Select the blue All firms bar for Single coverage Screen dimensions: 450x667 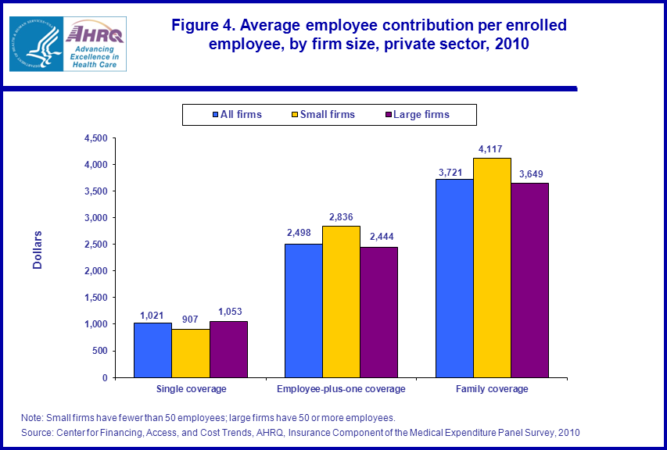(152, 350)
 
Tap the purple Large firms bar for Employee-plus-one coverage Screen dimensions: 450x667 (378, 312)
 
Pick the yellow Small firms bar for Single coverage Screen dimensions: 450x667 (191, 353)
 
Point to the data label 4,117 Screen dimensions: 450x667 (492, 148)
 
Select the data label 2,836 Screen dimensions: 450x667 (341, 216)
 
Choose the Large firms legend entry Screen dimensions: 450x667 (417, 115)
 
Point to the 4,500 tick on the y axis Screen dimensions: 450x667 (93, 138)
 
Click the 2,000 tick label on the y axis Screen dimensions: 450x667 (93, 271)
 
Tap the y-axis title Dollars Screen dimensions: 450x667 (38, 250)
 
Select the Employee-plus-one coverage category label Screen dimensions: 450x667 (341, 389)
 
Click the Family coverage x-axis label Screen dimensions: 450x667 (492, 389)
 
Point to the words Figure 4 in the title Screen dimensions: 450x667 (206, 25)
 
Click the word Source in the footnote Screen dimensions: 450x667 (37, 432)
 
